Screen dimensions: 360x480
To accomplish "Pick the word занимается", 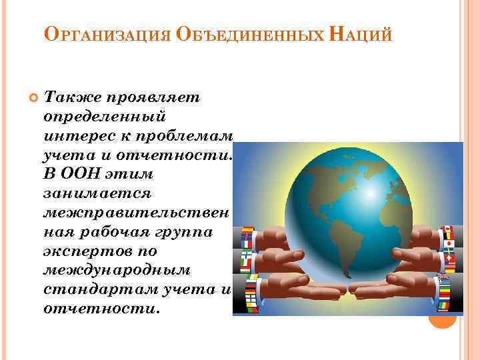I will tap(97, 194).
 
